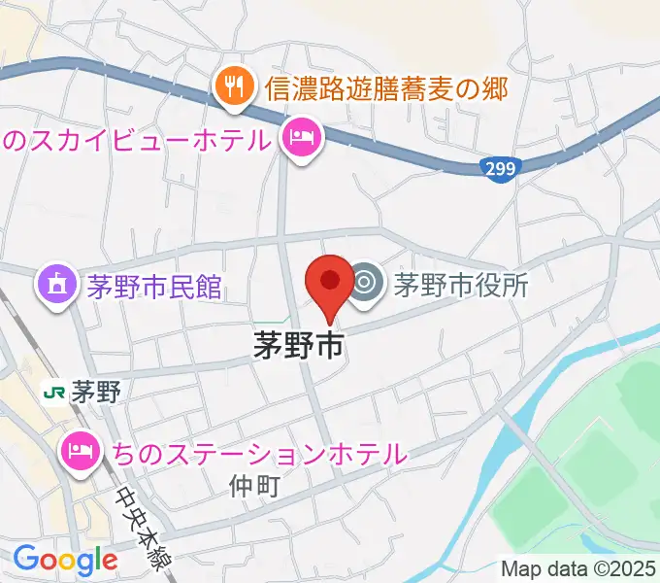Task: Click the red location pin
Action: tap(329, 283)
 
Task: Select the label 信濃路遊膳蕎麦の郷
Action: tap(385, 89)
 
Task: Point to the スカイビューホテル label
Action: tap(136, 140)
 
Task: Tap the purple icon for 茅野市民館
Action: tap(57, 286)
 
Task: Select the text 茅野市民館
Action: tap(154, 287)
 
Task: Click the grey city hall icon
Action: tap(365, 284)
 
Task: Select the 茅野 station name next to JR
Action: tap(95, 393)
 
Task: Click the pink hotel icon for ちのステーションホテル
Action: tap(80, 450)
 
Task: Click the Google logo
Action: tap(65, 560)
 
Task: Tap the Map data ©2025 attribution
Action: tap(577, 568)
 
